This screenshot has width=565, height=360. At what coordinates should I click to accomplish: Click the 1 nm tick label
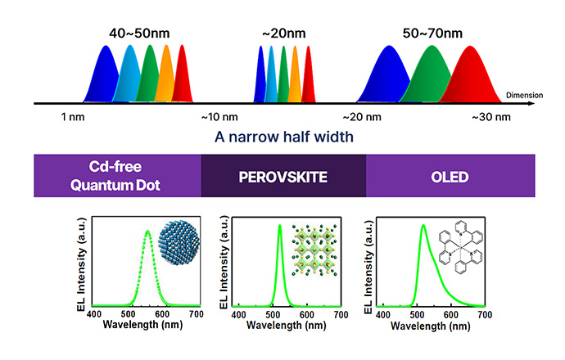[73, 117]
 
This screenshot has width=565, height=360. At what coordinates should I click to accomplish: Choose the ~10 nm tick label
[219, 117]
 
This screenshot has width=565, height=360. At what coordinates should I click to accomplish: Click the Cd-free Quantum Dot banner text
[116, 175]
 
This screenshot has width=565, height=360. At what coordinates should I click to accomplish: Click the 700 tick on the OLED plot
[484, 314]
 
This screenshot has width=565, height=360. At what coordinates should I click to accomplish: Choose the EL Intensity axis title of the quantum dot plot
[83, 263]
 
